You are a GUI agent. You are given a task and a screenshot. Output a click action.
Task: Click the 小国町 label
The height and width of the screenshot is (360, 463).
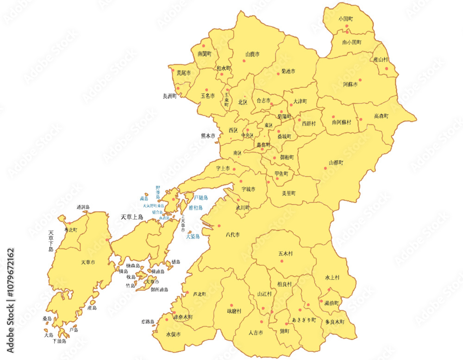pyautogui.click(x=345, y=19)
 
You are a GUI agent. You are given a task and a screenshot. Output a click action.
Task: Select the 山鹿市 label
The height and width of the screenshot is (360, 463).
pyautogui.click(x=252, y=54)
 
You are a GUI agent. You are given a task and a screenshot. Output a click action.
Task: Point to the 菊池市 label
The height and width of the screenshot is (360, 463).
pyautogui.click(x=288, y=72)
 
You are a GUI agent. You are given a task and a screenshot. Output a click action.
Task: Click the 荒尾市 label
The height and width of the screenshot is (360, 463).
pyautogui.click(x=183, y=73)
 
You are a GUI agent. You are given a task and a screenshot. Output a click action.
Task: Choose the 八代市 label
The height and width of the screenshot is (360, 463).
pyautogui.click(x=232, y=235)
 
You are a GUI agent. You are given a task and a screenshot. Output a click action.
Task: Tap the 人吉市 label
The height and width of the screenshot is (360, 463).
pyautogui.click(x=256, y=333)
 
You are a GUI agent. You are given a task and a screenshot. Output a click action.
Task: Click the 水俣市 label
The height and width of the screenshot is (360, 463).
pyautogui.click(x=173, y=334)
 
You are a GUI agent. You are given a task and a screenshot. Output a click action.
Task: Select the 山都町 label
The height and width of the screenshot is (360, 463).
pyautogui.click(x=336, y=163)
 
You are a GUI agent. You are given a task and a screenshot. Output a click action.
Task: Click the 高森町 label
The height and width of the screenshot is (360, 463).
pyautogui.click(x=381, y=116)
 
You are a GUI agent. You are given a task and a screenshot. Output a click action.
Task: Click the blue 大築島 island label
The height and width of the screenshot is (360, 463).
pyautogui.click(x=193, y=236)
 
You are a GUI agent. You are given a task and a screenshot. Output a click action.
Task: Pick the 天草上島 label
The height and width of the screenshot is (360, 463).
pyautogui.click(x=132, y=217)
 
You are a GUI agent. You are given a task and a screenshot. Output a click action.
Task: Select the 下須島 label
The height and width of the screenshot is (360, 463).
pyautogui.click(x=59, y=341)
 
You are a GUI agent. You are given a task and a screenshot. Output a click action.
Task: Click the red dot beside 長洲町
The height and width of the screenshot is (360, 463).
pyautogui.click(x=177, y=89)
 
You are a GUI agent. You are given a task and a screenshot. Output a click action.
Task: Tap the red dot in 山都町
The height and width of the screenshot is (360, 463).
pyautogui.click(x=325, y=168)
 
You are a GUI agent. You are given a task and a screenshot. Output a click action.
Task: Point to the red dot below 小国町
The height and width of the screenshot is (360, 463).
pyautogui.click(x=347, y=26)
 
